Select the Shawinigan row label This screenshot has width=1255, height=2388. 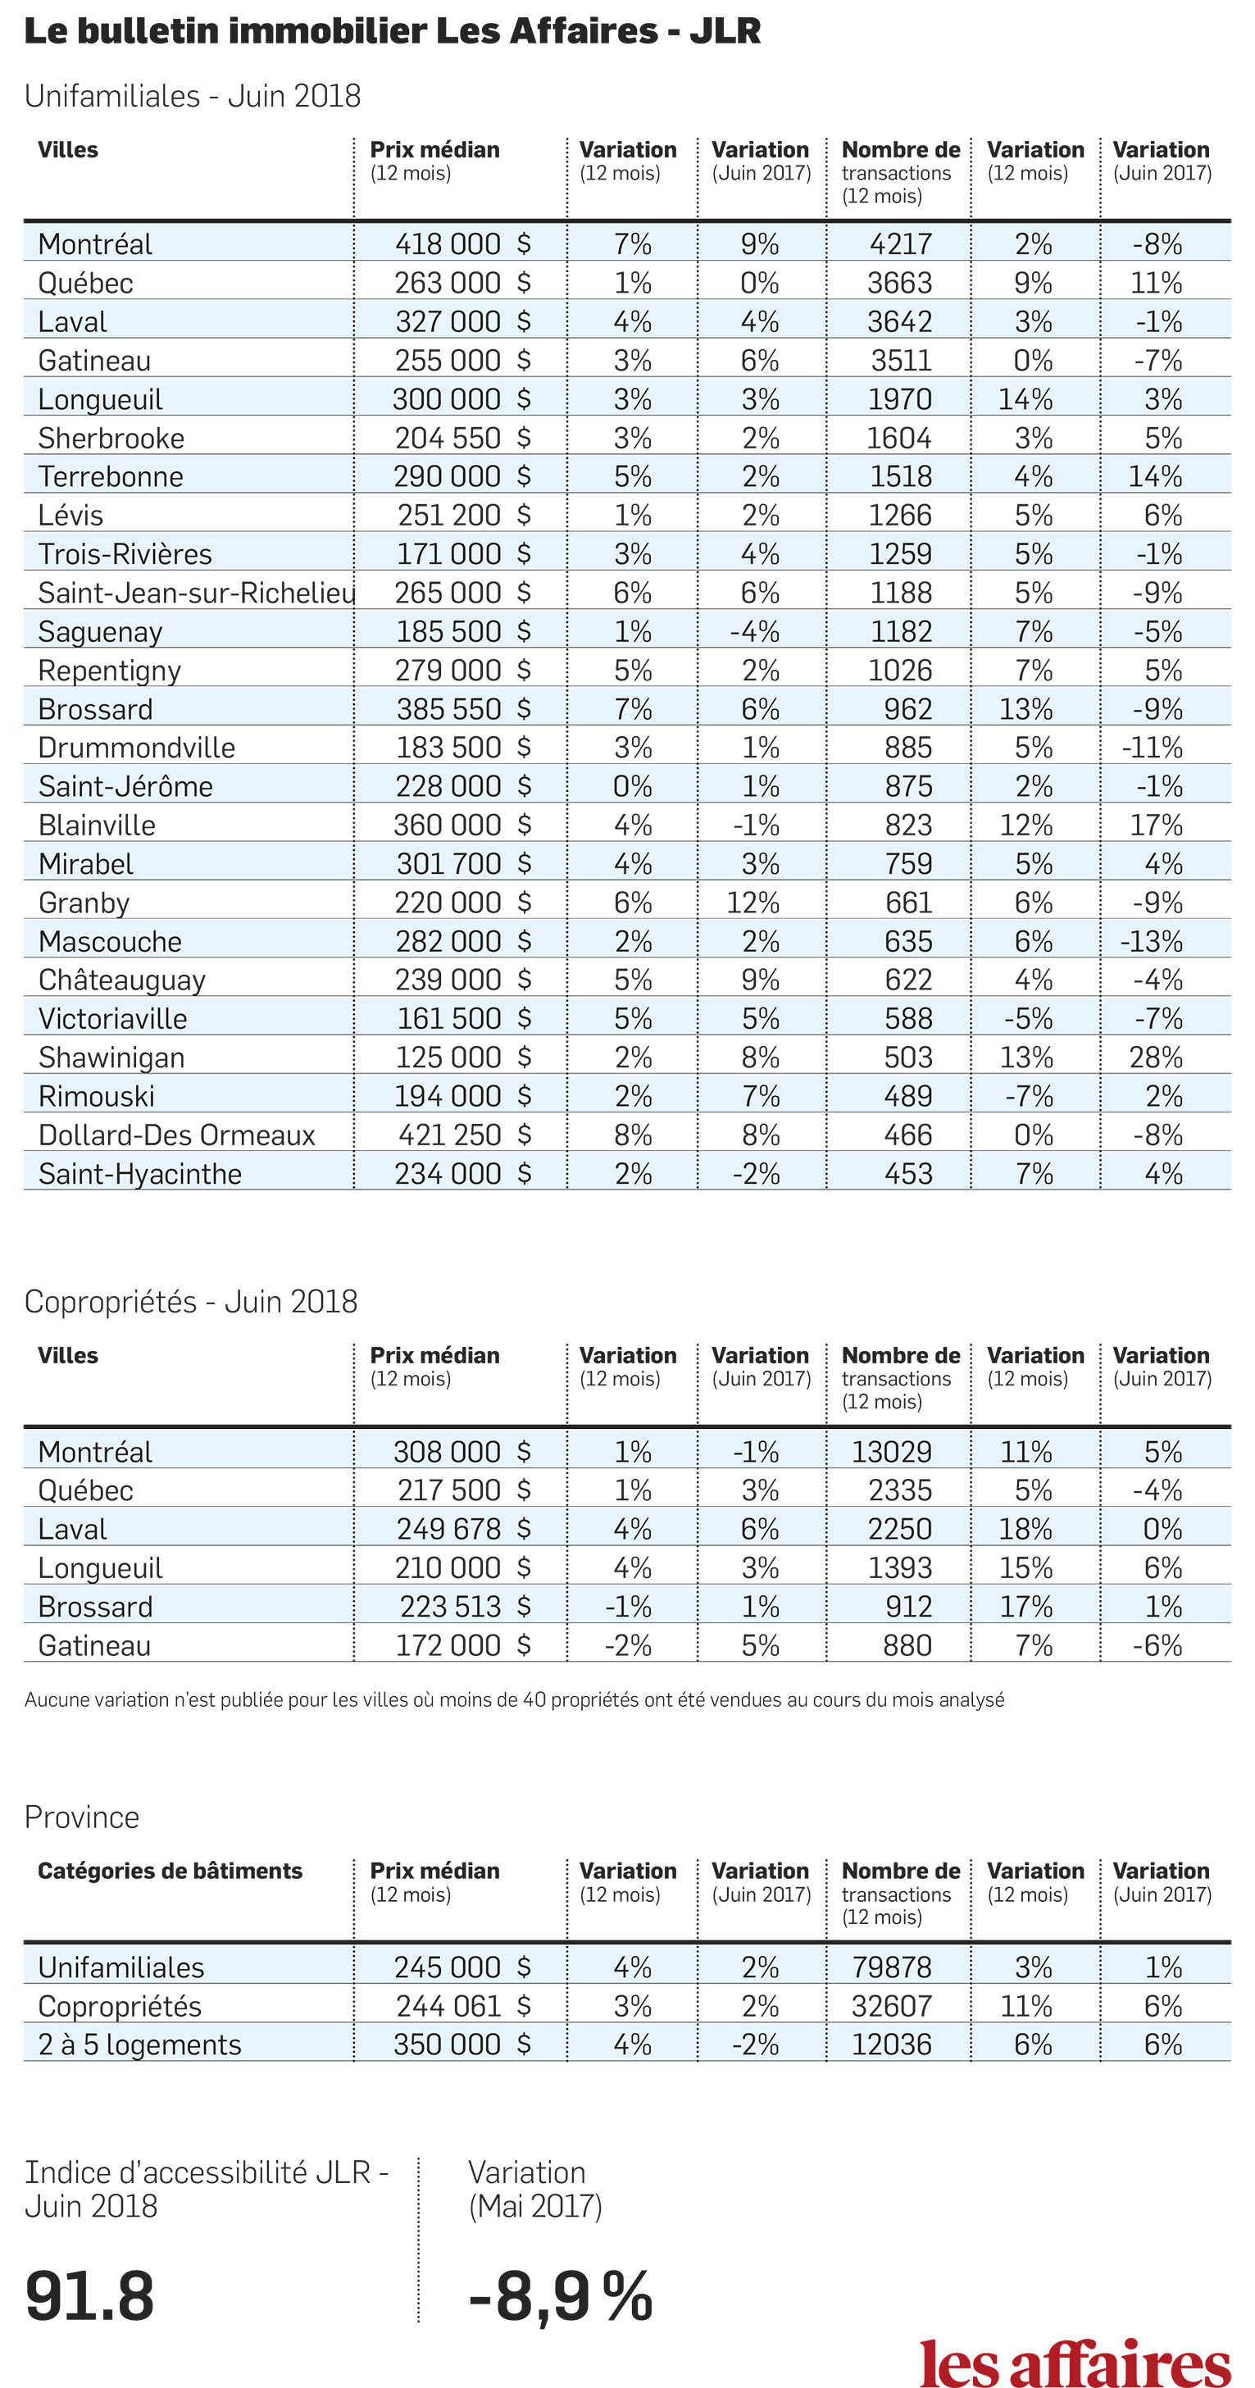tap(111, 1058)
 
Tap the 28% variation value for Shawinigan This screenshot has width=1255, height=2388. tap(1156, 1058)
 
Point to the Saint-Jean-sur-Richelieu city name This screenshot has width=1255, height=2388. tap(197, 593)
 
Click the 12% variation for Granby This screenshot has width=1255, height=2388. tap(753, 903)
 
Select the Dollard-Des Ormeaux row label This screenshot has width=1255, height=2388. tap(176, 1135)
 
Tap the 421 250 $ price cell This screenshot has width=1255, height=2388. tap(464, 1135)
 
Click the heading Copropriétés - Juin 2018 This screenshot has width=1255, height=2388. tap(191, 1303)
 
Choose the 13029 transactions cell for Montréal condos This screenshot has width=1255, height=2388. tap(892, 1452)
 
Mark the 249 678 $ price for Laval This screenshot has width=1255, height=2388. tap(463, 1530)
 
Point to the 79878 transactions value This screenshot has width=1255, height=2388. tap(892, 1967)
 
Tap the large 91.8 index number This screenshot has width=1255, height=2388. tap(90, 2297)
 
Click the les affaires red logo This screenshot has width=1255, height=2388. tap(1075, 2362)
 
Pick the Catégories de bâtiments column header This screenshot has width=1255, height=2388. tap(170, 1871)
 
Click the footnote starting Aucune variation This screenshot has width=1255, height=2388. tap(515, 1700)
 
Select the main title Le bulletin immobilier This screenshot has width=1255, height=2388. tap(392, 30)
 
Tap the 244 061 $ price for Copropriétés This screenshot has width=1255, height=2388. tap(463, 2006)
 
